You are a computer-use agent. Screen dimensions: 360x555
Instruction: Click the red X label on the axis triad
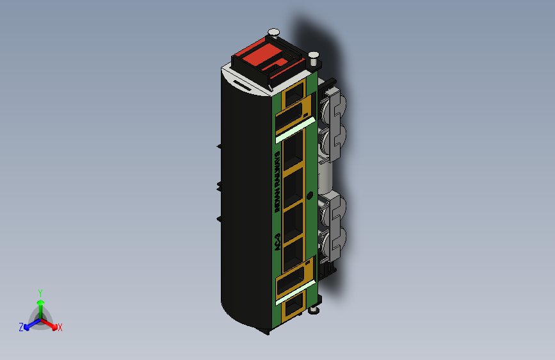click(60, 327)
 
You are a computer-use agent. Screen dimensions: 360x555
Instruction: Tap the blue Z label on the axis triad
click(21, 327)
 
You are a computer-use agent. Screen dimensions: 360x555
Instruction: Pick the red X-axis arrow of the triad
click(51, 323)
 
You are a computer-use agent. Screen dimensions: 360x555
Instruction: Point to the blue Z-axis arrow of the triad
click(29, 324)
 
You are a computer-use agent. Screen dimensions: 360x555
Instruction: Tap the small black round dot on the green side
click(310, 195)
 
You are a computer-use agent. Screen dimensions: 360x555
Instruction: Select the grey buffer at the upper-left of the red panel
click(273, 31)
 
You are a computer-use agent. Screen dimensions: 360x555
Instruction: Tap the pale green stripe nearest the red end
click(294, 129)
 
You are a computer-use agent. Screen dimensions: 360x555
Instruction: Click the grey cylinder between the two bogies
click(325, 177)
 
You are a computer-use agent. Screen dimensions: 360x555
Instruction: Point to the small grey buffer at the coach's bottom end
click(313, 311)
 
